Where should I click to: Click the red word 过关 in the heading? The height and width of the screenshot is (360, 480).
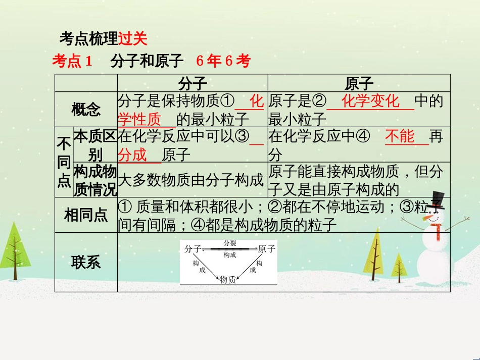[132, 38]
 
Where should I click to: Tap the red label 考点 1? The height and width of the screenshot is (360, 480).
[72, 62]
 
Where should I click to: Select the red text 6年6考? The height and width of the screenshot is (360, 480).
[223, 62]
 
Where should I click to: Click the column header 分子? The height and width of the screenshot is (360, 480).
[193, 83]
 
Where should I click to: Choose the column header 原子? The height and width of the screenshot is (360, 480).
[359, 83]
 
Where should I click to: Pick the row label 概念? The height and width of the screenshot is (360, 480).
[86, 110]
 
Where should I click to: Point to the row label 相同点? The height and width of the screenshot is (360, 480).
[86, 215]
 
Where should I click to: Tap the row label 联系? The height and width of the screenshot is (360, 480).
[86, 262]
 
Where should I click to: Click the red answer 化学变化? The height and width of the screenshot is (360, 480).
[370, 101]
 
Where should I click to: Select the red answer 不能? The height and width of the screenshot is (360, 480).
[400, 137]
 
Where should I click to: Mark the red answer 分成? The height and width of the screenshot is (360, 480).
[132, 155]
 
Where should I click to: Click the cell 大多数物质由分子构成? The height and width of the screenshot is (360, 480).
[191, 180]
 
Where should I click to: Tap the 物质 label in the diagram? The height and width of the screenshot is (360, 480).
[227, 279]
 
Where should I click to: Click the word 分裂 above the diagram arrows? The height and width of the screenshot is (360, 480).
[230, 243]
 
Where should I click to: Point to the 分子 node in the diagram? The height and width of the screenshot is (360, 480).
[193, 248]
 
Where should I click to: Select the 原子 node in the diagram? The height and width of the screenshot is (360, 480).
[266, 248]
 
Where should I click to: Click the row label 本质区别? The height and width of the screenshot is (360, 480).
[95, 145]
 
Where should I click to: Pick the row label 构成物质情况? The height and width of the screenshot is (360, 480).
[95, 180]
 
